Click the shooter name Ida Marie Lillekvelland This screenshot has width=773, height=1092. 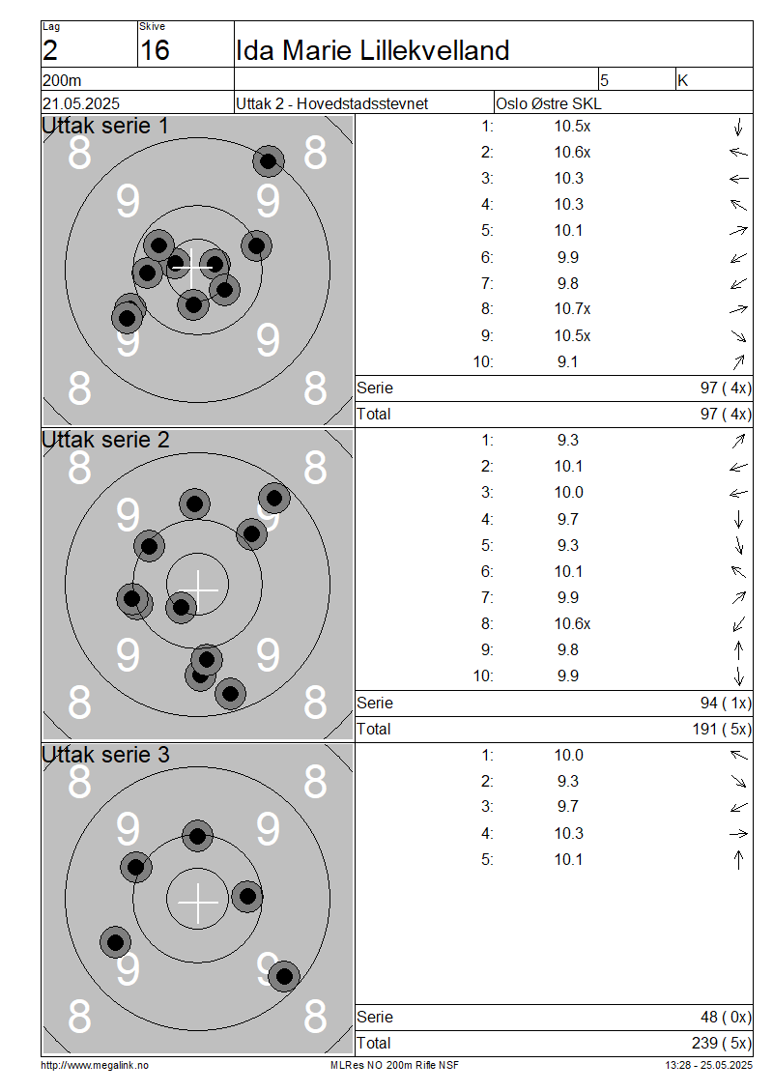pos(373,51)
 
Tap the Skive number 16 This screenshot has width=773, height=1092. pos(155,51)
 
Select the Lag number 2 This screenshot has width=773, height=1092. pos(50,51)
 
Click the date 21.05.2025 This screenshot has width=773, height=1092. pos(81,103)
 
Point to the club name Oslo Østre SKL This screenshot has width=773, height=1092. pos(548,103)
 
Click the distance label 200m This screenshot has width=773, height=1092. pos(62,81)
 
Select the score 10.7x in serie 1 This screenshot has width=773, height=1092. pos(572,309)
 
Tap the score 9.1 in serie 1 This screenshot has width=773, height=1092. pos(567,362)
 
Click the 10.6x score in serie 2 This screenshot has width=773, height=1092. pos(572,624)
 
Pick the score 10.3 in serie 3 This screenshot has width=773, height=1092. pos(569,834)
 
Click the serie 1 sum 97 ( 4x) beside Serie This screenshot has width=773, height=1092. pos(726,388)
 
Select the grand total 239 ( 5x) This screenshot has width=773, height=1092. pos(722,1044)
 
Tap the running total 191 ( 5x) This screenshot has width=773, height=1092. pos(722,730)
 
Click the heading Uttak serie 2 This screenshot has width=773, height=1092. pos(105,440)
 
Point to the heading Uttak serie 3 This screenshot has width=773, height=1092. pos(105,755)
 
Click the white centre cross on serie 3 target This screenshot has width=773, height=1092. pos(198,903)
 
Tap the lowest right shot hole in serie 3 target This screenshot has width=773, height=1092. pos(284,976)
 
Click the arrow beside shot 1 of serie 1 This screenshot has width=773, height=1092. pos(739,127)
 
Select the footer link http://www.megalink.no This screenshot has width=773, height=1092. pos(95,1066)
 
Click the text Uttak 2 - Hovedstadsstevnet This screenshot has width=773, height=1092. pos(331,103)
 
